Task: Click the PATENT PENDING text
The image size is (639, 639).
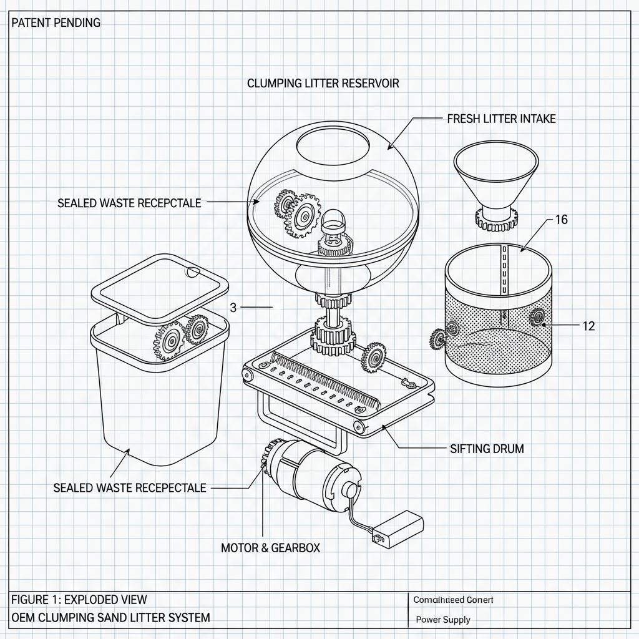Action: [56, 22]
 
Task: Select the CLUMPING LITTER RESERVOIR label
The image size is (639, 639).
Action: [323, 83]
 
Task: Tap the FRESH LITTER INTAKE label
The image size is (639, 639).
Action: [501, 119]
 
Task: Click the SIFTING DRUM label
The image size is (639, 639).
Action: [487, 448]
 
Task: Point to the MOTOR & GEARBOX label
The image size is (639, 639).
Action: [270, 547]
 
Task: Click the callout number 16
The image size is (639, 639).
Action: [561, 220]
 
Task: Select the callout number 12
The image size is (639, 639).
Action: [587, 326]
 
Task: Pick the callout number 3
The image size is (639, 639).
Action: [233, 307]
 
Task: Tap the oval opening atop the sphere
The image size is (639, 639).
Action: [333, 147]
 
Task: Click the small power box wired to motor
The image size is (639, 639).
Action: [397, 529]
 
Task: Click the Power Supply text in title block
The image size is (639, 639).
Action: [443, 620]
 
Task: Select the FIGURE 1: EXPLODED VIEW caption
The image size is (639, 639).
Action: [79, 600]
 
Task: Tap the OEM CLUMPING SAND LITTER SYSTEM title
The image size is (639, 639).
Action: [110, 618]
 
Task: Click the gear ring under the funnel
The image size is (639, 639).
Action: [496, 218]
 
